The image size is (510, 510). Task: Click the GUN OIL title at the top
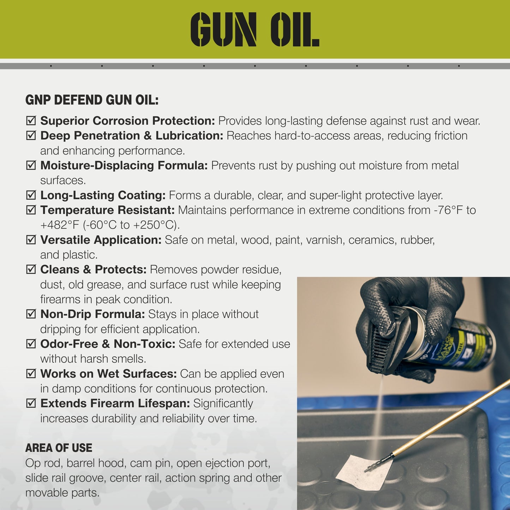(254, 30)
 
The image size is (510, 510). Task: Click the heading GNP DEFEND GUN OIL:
(92, 100)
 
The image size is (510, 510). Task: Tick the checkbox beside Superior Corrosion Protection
(31, 121)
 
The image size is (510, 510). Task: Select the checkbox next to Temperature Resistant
(31, 210)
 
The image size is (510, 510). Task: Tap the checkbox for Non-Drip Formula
(31, 314)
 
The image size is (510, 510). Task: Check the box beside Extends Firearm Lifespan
(31, 403)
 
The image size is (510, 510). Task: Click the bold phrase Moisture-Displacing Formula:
(124, 165)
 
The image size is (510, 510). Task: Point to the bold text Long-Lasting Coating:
(103, 195)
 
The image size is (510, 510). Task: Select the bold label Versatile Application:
(101, 240)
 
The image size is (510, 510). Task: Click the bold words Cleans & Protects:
(93, 270)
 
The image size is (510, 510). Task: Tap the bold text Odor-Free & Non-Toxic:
(108, 344)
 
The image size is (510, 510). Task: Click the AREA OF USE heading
(59, 448)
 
